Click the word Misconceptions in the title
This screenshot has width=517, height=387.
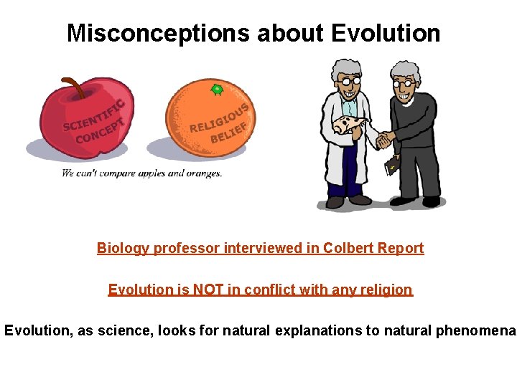[x=157, y=33]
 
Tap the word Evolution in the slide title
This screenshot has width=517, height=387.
[x=386, y=33]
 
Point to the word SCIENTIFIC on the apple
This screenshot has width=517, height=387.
[x=93, y=116]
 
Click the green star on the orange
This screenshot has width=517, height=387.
[x=216, y=89]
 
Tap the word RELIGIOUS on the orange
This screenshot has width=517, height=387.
[x=219, y=118]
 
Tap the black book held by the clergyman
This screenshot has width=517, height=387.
[x=391, y=168]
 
